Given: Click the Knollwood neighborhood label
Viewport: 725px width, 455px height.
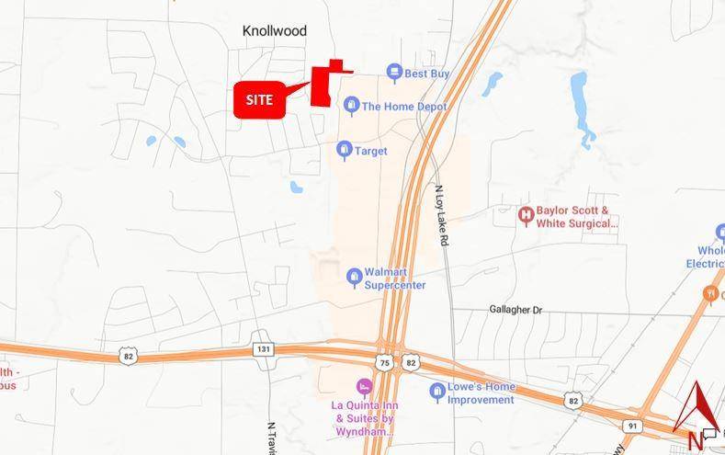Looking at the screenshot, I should tap(274, 31).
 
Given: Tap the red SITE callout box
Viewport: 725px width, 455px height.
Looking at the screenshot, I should tap(259, 99).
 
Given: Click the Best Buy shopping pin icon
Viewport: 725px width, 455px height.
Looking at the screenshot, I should tap(394, 73).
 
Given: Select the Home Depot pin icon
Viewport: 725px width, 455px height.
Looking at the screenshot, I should tap(351, 106).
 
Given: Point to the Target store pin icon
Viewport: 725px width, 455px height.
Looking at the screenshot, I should tap(345, 150).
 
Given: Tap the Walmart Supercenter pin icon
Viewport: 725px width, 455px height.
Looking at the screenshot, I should tap(354, 277).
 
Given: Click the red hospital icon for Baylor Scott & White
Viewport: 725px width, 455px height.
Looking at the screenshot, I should tap(526, 217).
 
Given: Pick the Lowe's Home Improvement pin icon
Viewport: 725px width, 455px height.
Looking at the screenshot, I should tap(438, 392).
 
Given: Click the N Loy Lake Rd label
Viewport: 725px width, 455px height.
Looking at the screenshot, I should tap(442, 214).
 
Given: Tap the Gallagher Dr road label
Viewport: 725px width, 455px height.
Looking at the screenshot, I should tap(515, 311).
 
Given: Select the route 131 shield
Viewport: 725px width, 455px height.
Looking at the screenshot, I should tap(264, 348).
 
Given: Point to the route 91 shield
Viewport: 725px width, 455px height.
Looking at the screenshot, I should tap(632, 427).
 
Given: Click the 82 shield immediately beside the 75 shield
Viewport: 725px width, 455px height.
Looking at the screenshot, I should tap(410, 363).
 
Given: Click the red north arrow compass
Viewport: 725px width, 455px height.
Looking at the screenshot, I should tap(697, 408).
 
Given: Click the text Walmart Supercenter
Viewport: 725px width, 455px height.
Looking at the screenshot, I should tap(395, 279).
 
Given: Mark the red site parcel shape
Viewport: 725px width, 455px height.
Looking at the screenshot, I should tap(323, 85).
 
